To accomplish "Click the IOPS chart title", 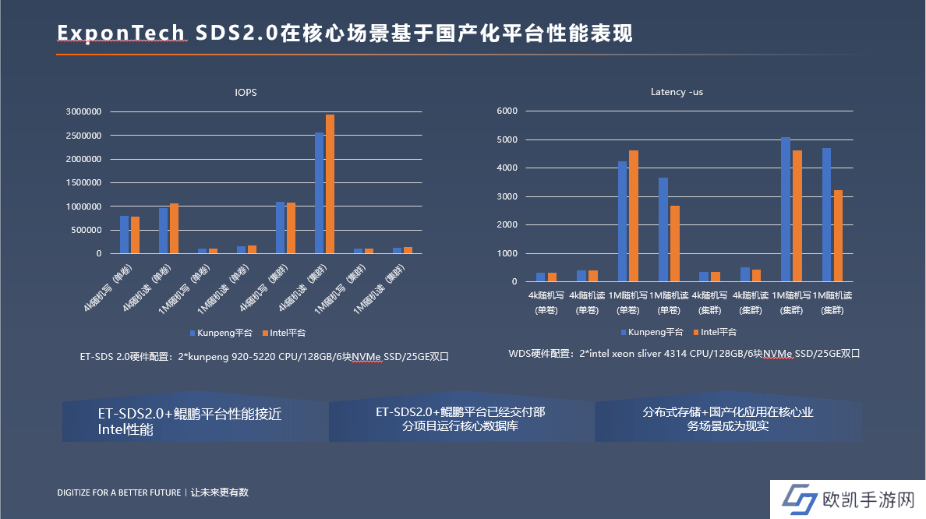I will tap(246, 92).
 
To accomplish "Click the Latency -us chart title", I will tap(677, 92).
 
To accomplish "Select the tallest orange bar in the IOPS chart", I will tap(330, 184).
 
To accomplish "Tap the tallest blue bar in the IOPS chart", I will tap(319, 193).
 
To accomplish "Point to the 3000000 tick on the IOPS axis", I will tap(83, 111).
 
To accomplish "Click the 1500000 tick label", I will tap(83, 182).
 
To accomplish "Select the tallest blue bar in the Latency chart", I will tap(786, 210).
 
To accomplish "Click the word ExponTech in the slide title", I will tap(122, 33).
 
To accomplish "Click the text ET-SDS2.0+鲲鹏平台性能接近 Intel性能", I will tap(190, 422).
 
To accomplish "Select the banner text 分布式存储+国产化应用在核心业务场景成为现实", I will tap(728, 419).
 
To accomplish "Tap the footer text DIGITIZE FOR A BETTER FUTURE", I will tap(119, 493).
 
